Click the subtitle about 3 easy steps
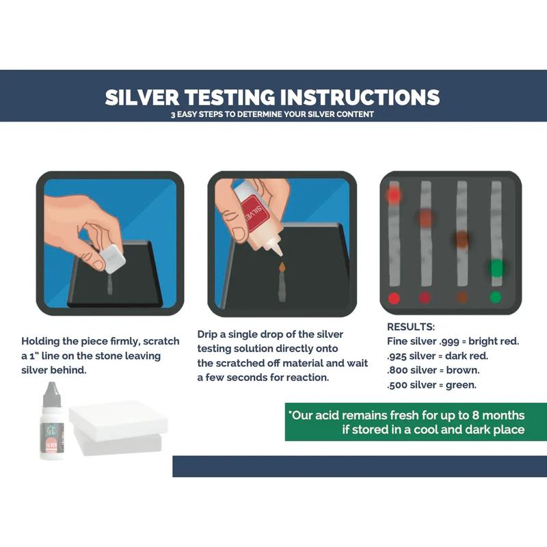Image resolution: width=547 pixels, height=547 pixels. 272,114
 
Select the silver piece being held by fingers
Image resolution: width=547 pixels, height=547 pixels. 109,259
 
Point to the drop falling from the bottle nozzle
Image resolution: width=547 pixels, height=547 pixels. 280,263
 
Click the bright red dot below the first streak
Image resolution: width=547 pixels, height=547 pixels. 393,297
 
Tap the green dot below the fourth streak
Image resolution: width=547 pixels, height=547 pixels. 496,297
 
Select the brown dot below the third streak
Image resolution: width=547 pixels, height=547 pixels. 462,297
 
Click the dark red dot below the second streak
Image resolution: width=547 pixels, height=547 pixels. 425,297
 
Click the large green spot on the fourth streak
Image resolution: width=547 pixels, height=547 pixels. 496,267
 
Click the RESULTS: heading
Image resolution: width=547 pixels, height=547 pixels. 410,327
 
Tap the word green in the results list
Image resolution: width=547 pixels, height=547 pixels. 463,384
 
